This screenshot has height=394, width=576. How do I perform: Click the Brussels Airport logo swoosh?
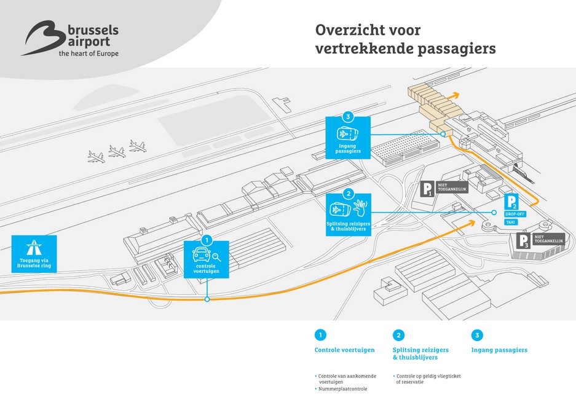click(42, 37)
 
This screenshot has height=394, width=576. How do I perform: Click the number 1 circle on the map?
click(207, 240)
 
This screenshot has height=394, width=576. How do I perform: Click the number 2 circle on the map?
click(348, 194)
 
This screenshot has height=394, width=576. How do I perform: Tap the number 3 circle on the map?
click(348, 117)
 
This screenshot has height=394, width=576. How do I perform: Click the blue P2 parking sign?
click(513, 201)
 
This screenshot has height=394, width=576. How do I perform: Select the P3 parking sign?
click(523, 241)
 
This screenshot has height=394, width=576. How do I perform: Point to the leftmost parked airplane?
click(96, 157)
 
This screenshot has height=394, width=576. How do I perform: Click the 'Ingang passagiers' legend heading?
click(499, 350)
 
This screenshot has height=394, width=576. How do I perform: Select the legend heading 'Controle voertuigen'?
click(344, 350)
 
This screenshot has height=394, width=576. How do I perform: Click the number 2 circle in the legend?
click(398, 335)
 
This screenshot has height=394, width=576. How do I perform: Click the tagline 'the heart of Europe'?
click(89, 53)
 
